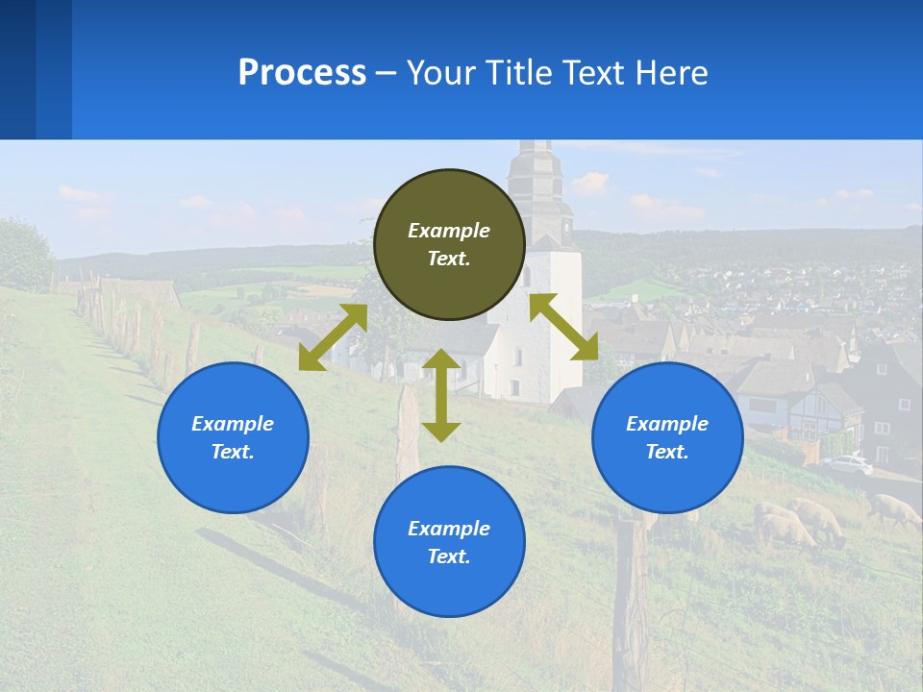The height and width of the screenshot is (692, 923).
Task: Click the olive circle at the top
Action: point(449,244)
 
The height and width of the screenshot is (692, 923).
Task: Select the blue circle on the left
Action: point(233,437)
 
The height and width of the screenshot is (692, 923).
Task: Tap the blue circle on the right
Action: point(667,437)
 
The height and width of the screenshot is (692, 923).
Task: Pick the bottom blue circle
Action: point(449,542)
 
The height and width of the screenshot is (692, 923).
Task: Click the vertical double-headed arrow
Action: point(441,395)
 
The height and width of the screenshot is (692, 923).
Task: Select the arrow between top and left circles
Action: point(333,337)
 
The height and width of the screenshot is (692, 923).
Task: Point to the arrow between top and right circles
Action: point(564,327)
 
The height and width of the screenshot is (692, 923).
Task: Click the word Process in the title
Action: point(302,72)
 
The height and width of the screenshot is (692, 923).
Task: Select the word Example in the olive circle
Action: point(449,231)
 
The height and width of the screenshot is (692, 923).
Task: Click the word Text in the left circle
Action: point(233,452)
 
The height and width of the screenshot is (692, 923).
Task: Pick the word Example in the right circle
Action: point(667,424)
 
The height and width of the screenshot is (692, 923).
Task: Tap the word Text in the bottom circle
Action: point(449,556)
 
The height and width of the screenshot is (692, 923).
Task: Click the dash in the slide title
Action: point(387,73)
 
